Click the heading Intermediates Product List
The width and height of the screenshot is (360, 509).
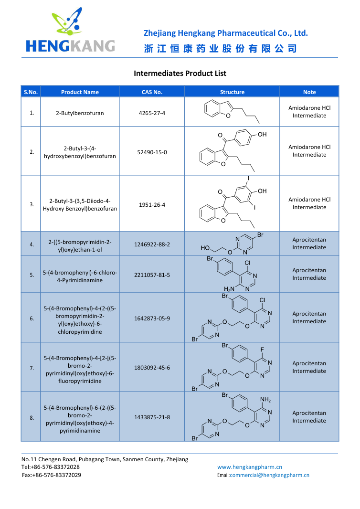(180, 74)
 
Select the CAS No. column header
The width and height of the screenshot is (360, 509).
(152, 92)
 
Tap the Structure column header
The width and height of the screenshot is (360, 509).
(232, 92)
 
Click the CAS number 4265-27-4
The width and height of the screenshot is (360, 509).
(152, 113)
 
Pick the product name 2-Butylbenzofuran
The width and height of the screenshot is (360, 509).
(80, 113)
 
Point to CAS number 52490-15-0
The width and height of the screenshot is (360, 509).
(152, 152)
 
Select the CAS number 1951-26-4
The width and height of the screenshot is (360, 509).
(152, 204)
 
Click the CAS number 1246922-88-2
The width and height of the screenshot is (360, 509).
(152, 244)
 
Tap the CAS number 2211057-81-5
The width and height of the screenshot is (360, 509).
(152, 275)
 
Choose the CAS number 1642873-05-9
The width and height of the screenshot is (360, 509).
(152, 318)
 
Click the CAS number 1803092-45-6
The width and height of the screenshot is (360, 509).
(152, 367)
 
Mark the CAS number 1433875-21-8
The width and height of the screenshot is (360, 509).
(152, 417)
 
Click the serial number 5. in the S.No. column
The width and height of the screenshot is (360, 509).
(32, 275)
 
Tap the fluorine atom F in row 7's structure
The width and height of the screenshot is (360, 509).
(262, 350)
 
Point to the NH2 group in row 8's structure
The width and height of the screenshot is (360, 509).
(265, 399)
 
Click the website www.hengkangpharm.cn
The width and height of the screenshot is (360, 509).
(250, 467)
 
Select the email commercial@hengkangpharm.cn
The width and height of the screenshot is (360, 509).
(269, 475)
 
